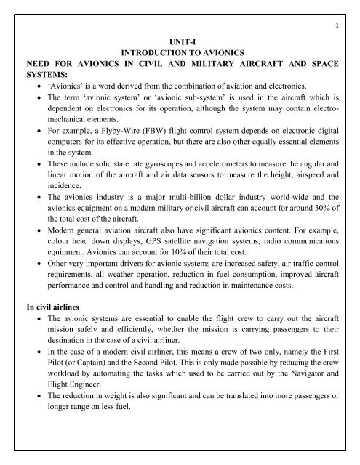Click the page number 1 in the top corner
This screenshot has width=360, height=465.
[x=340, y=9]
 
